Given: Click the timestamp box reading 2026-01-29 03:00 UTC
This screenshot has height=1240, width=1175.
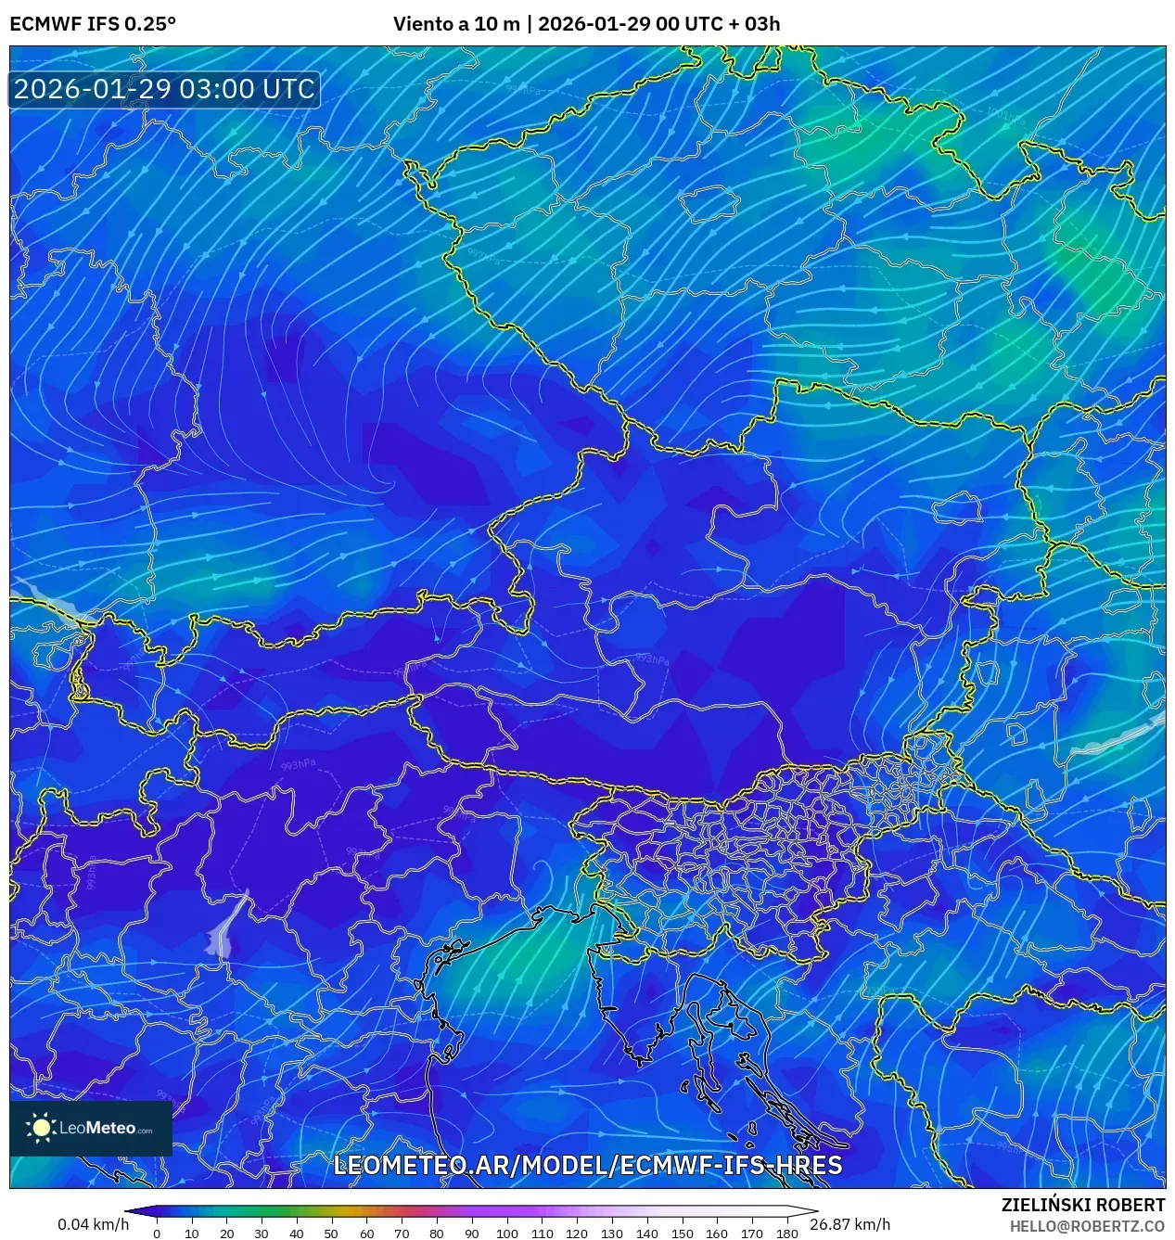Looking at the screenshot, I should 164,89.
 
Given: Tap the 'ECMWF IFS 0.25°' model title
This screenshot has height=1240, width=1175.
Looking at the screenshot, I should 93,24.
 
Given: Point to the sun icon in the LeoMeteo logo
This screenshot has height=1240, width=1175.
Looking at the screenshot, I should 41,1128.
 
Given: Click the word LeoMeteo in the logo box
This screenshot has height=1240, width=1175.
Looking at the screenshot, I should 97,1129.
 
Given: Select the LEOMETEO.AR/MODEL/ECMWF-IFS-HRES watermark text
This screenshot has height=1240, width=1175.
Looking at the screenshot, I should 587,1166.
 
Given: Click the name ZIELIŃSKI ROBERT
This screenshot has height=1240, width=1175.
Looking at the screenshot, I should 1082,1205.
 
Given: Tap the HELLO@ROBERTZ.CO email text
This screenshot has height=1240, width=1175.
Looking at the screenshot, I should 1087,1226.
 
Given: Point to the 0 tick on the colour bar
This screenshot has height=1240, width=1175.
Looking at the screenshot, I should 156,1234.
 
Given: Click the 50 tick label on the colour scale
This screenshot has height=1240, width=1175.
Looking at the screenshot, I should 331,1234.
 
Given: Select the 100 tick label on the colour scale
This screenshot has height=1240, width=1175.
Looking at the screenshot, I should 506,1234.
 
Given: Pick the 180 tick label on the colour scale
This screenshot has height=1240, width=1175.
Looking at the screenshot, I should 786,1234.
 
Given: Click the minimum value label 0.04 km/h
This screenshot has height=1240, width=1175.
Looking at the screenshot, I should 93,1224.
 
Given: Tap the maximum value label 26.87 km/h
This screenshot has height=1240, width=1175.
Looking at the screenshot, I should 849,1224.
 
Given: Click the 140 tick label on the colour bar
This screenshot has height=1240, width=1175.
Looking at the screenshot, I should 646,1234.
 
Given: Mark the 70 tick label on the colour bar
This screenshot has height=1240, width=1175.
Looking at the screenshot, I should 402,1234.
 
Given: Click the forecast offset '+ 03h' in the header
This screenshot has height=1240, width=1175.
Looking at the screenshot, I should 755,24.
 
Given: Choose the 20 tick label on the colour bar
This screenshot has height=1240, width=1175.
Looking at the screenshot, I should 226,1234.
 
